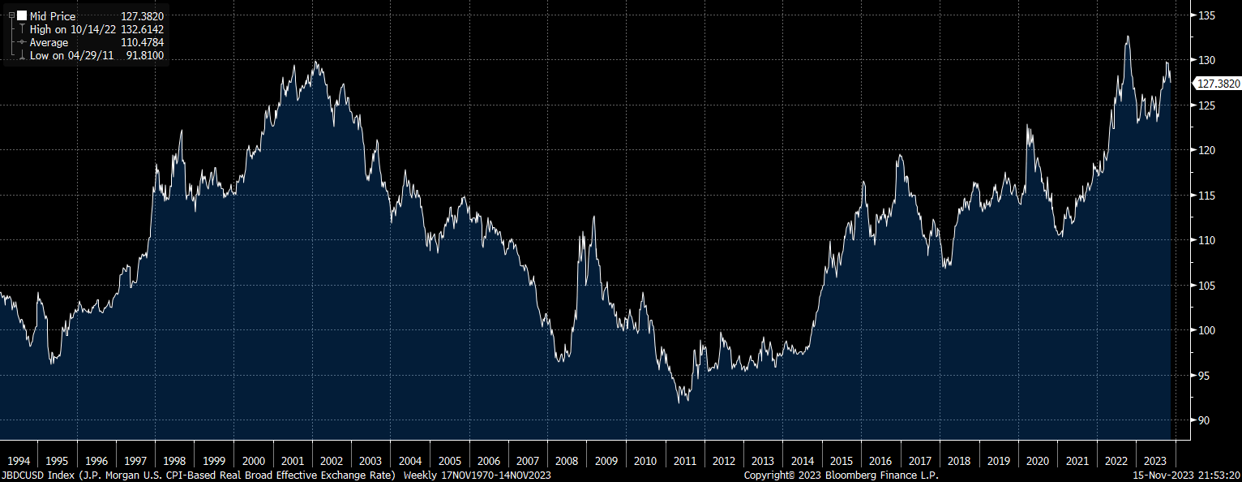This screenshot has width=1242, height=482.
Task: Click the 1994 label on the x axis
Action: tap(19, 461)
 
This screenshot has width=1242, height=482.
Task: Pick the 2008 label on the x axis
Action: tap(567, 461)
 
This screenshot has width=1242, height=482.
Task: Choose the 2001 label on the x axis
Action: tap(293, 461)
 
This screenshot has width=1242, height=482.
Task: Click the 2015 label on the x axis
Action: tap(841, 461)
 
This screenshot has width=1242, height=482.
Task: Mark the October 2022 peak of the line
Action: tap(1128, 37)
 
